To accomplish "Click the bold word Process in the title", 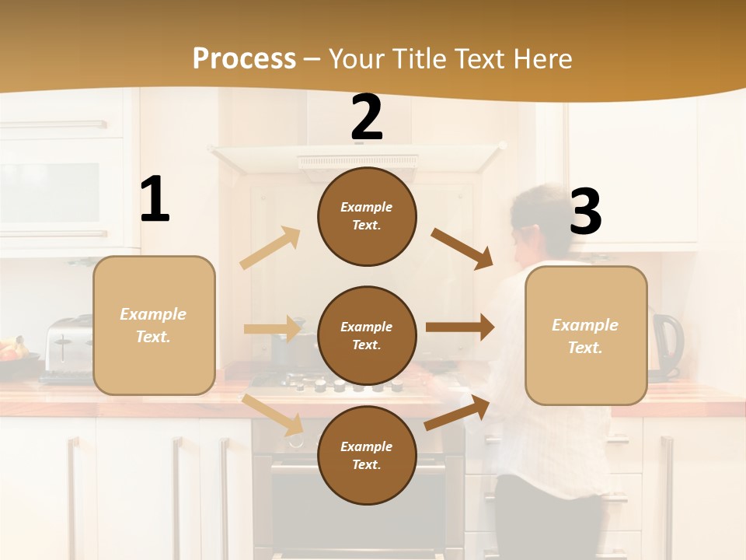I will tap(244, 59).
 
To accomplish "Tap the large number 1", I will tap(155, 200).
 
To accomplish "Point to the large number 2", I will tap(367, 118).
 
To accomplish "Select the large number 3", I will tap(586, 212).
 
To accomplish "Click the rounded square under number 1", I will tap(154, 325).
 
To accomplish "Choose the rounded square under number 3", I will tap(586, 335).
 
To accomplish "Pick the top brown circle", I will tap(367, 216).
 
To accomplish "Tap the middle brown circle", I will tap(367, 335).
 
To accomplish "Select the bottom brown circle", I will tap(367, 455).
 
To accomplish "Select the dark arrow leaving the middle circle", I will tap(460, 327).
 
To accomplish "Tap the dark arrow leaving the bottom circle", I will tap(457, 413).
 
